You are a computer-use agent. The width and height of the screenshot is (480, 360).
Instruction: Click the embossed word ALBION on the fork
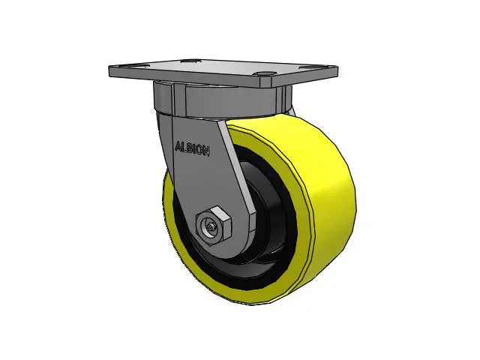pos(192,148)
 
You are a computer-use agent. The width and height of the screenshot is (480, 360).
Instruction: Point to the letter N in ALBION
pos(207,149)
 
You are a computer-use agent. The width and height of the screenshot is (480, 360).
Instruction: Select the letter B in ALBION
pos(189,148)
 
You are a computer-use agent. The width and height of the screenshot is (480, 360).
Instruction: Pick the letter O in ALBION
pos(200,148)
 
